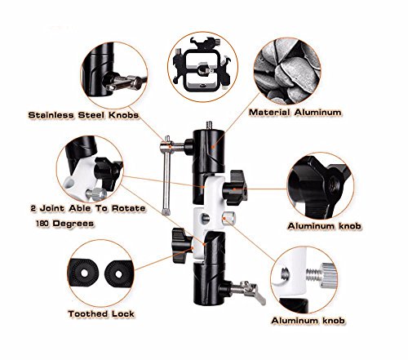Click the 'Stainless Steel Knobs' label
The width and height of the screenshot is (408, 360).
pos(83,115)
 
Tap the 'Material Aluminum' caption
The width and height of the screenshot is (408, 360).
pos(295,113)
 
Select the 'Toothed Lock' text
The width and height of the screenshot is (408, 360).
pos(101,313)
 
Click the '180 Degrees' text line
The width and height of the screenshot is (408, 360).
pos(65,224)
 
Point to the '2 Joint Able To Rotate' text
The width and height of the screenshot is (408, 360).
pos(88,208)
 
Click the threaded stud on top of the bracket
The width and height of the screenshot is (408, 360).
pos(209,126)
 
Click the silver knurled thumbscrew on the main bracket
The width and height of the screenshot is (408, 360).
pos(228,218)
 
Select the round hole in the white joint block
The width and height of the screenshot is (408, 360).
pos(205,218)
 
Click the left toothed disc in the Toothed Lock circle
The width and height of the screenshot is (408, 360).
pos(84,273)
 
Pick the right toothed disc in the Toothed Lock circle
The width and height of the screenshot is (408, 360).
pos(118,274)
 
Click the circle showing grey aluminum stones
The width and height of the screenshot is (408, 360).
pos(287,71)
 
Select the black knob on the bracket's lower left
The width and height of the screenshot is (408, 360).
pos(181,246)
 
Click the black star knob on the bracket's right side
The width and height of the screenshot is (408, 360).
pos(235,188)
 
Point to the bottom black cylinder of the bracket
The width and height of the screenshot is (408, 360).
pos(210,283)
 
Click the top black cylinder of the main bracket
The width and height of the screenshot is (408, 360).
pos(209,151)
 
